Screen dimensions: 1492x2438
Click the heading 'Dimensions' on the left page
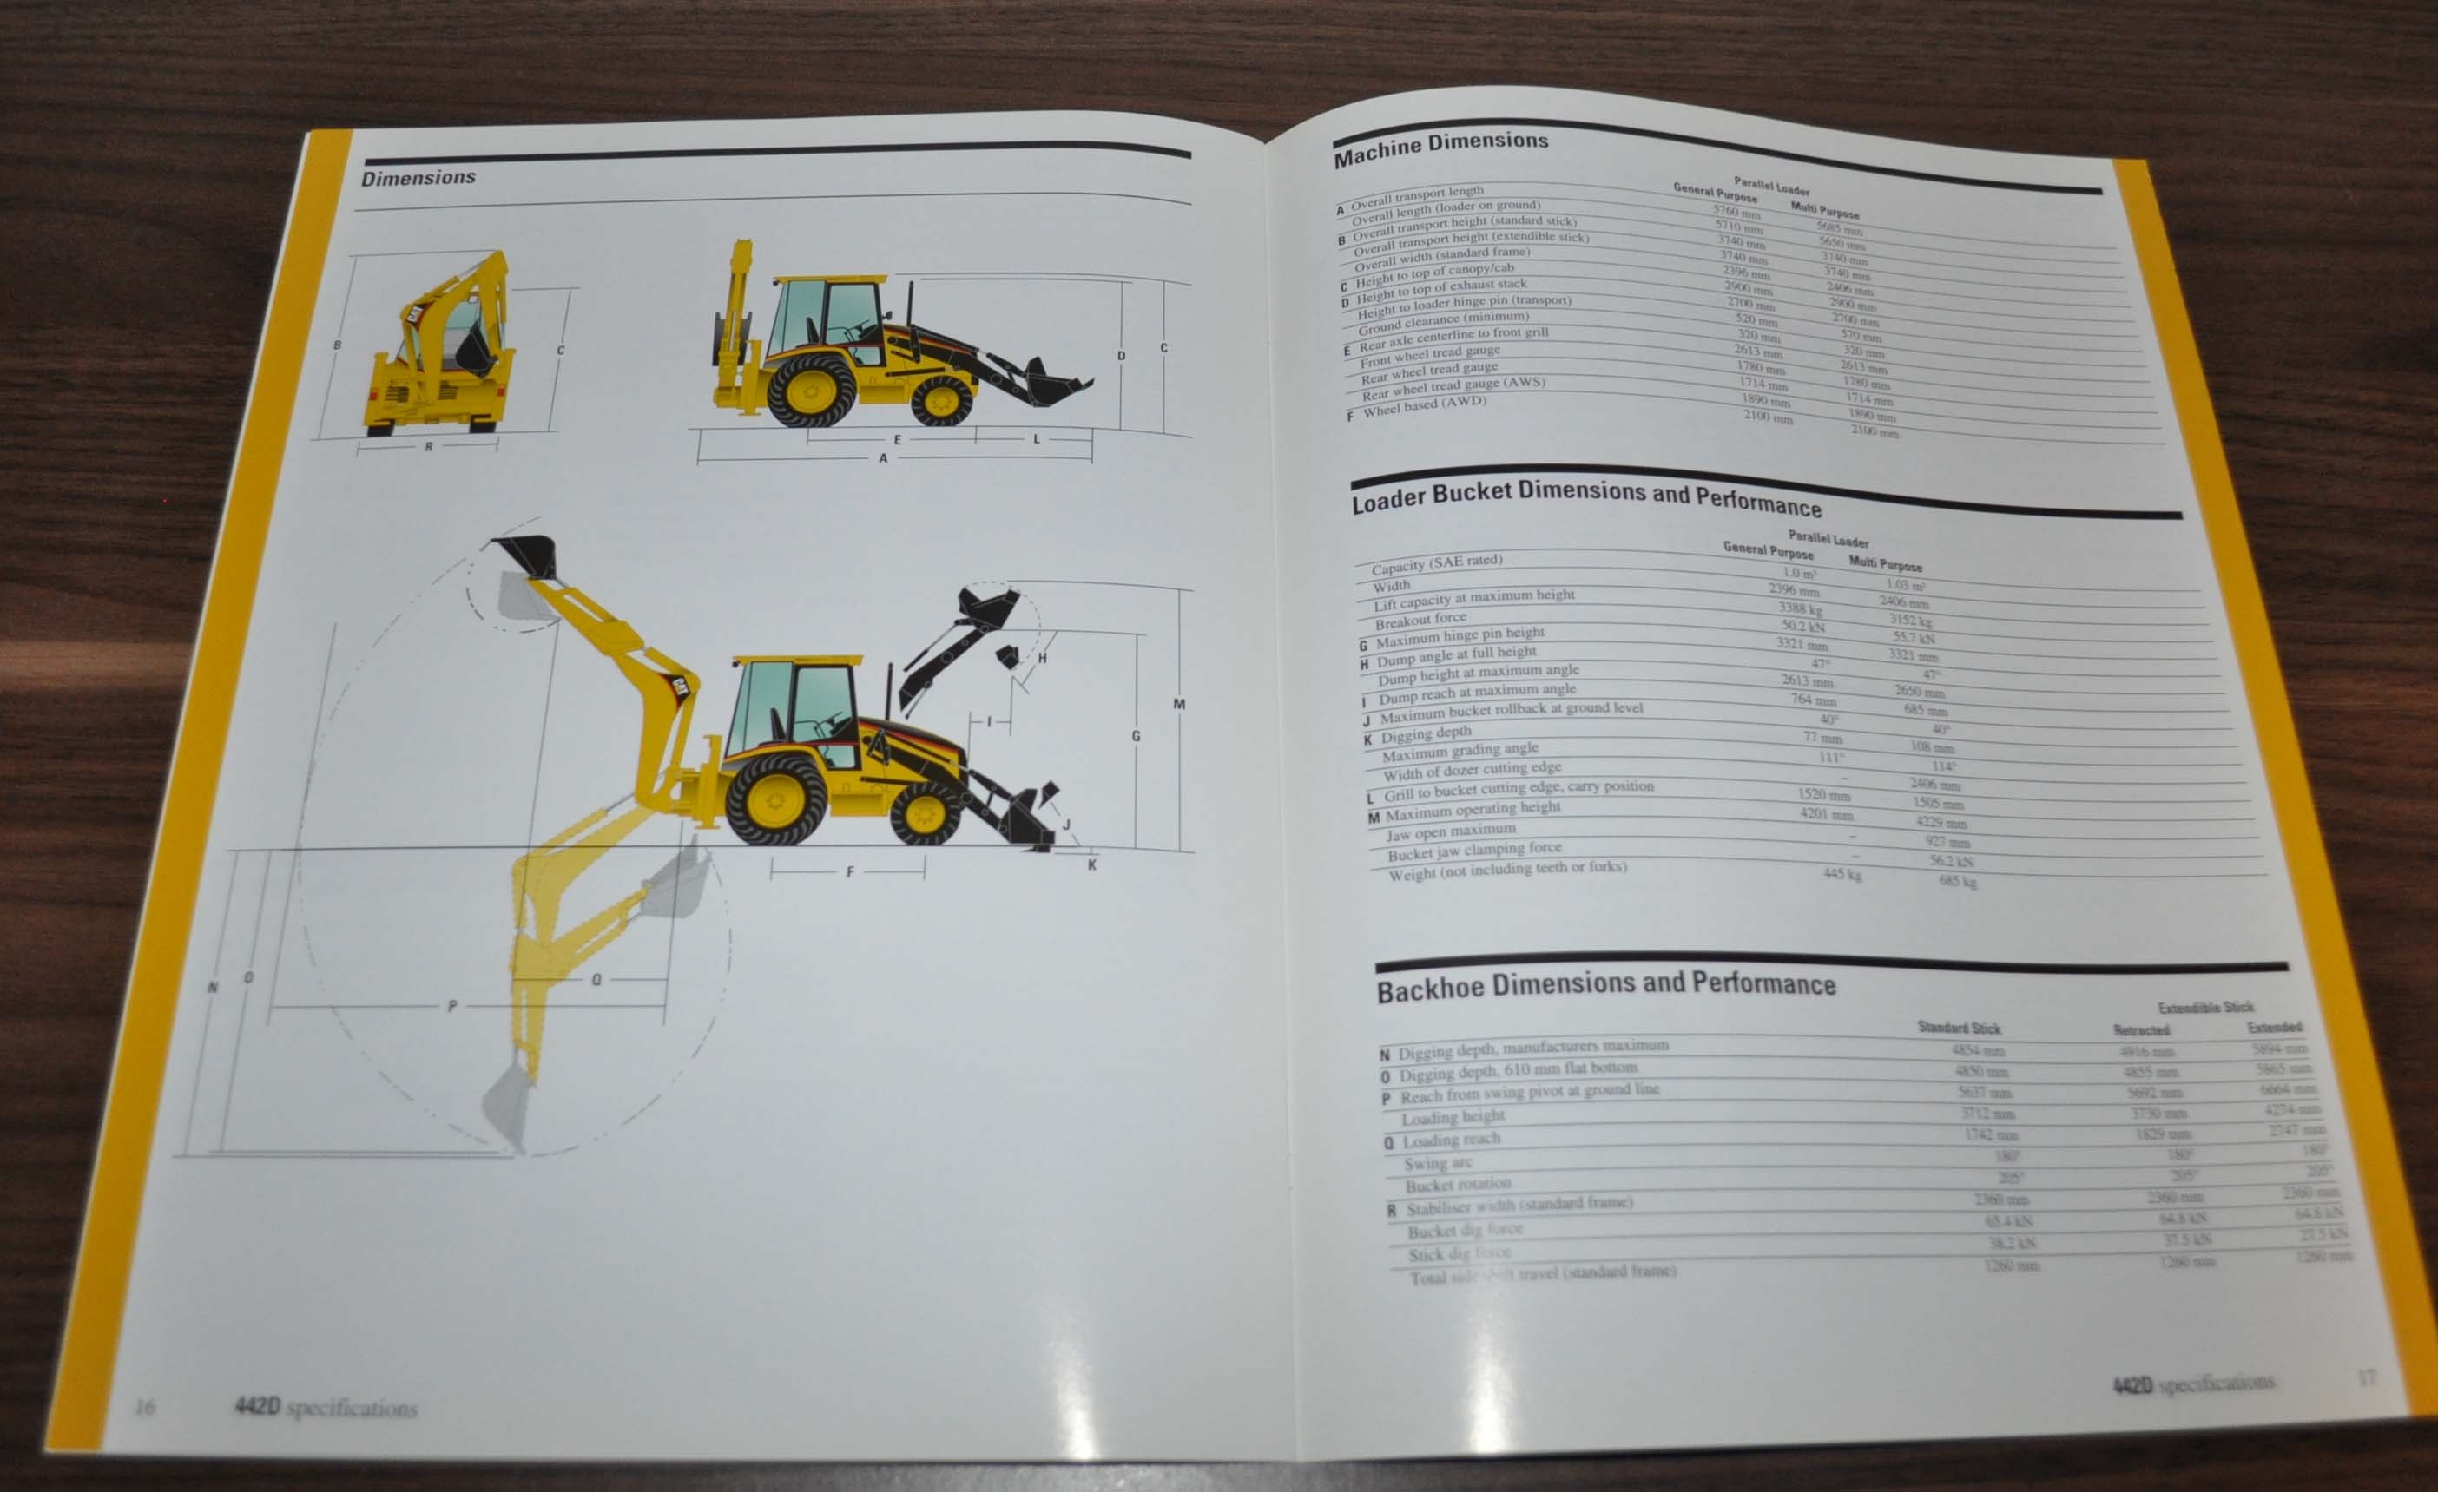click(418, 178)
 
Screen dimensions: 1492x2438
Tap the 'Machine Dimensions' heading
click(1440, 148)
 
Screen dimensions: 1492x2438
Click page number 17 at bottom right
click(2366, 1377)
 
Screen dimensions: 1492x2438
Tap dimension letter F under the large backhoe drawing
click(850, 871)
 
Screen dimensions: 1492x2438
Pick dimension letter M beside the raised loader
click(1178, 705)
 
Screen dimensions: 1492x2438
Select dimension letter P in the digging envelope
click(452, 1006)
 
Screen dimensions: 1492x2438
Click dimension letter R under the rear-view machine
click(428, 447)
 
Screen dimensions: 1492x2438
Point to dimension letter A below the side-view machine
click(884, 459)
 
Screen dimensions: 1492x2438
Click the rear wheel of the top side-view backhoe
click(810, 391)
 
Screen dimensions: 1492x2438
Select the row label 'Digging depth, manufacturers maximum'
click(1532, 1048)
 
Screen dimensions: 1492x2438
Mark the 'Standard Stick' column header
click(1958, 1027)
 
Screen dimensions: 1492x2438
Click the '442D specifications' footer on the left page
click(326, 1407)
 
